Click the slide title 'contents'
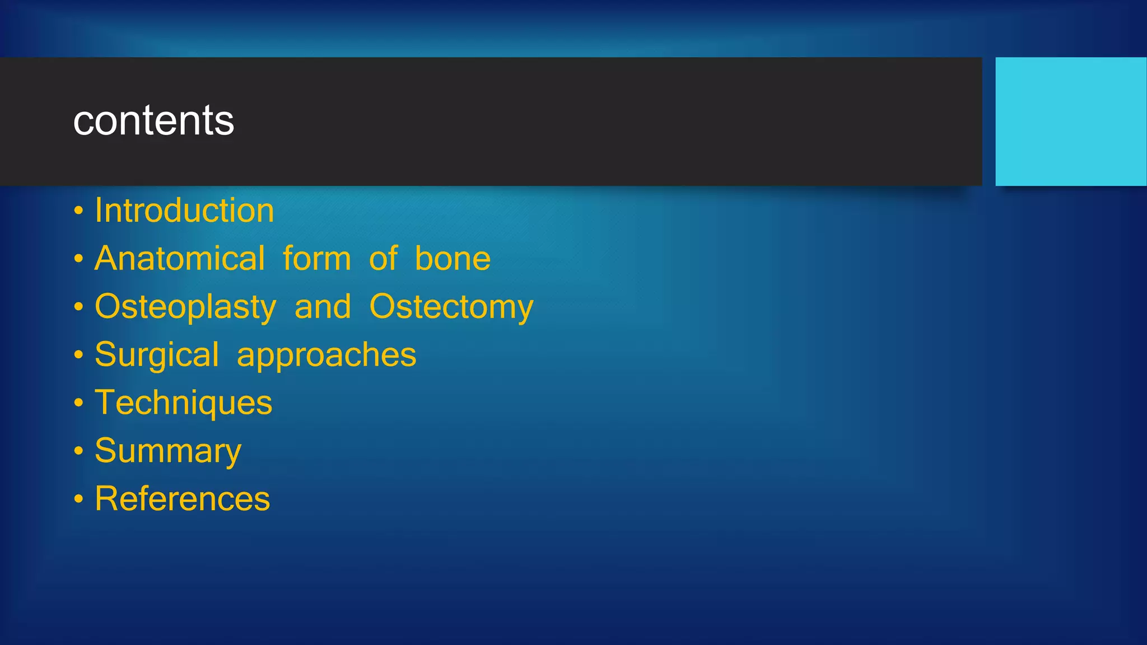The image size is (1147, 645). coord(153,120)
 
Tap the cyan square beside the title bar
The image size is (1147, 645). coord(1070,121)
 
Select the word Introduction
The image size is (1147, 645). coord(184,211)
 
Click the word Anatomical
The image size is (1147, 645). coord(179,259)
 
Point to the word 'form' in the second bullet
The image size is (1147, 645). coord(316,259)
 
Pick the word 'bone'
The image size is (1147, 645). coord(453,259)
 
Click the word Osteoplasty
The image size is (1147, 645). coord(185,307)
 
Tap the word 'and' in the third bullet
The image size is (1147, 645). coord(323,307)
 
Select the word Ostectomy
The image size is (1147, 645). coord(451,307)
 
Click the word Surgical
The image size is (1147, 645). coord(157,355)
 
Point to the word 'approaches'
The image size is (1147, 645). coord(327,355)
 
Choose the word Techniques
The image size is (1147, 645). coord(183,403)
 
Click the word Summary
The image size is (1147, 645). coord(168,451)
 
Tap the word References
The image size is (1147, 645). coord(182,499)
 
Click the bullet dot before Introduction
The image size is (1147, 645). coord(78,212)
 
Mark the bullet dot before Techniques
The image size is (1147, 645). coord(78,404)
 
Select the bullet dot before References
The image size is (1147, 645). coord(78,499)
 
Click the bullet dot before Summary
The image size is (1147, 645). coord(78,451)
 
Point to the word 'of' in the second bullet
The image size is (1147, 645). coord(383,259)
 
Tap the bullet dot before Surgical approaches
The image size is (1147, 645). coord(78,356)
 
